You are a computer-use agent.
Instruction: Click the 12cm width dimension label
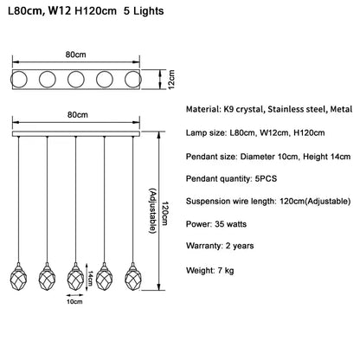click(171, 80)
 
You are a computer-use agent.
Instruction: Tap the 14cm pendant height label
click(90, 278)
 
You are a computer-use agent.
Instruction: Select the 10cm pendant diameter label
click(74, 302)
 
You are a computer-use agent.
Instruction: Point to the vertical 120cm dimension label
click(164, 214)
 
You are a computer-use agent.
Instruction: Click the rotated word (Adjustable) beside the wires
click(152, 211)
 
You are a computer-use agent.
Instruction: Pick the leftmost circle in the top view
click(19, 79)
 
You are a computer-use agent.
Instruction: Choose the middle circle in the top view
click(76, 79)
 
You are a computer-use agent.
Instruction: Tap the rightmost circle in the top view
click(133, 79)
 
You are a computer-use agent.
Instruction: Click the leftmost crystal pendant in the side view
click(19, 277)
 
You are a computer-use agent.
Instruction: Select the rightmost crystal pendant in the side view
click(133, 277)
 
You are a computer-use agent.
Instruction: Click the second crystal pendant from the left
click(48, 277)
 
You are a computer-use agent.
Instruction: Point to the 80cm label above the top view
click(75, 55)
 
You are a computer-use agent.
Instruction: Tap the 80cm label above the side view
click(78, 115)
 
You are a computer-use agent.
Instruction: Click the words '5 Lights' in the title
click(144, 11)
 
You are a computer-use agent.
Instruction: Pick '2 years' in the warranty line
click(240, 246)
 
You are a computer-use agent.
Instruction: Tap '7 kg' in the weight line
click(226, 271)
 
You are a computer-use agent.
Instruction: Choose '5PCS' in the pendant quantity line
click(266, 178)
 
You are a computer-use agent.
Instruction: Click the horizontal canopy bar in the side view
click(76, 134)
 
